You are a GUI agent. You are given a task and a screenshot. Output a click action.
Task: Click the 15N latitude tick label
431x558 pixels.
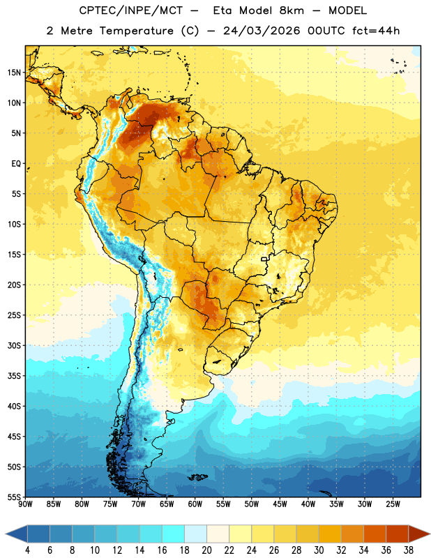pos(14,73)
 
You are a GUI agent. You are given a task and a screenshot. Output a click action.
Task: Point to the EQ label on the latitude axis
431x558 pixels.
pos(16,164)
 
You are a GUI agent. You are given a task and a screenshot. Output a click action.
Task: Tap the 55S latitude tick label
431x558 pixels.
pos(14,497)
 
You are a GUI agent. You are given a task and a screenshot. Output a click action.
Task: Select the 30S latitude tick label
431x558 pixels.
pos(14,345)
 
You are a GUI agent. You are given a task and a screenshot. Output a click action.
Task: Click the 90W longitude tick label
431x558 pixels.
pos(25,504)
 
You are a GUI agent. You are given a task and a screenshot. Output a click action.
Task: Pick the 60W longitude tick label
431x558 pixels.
pos(195,504)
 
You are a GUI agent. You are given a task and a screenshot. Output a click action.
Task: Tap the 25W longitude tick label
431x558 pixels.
pos(393,504)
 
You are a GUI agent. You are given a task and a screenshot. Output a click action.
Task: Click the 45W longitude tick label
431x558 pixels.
pos(280,504)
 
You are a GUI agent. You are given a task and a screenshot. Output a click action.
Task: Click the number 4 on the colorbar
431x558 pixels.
pos(27,550)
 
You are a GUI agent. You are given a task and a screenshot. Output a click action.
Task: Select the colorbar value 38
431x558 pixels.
pos(409,550)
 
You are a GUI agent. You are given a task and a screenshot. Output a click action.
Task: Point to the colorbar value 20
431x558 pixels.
pos(206,550)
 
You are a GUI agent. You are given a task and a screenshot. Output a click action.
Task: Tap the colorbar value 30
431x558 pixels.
pos(319,550)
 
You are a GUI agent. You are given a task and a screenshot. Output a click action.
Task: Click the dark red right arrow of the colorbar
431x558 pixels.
pos(419,534)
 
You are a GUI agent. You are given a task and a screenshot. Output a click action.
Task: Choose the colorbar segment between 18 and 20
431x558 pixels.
pos(195,534)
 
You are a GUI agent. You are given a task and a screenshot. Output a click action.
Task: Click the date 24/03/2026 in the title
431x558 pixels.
pos(262,31)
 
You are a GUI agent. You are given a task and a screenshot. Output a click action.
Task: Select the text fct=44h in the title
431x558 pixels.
pos(376,31)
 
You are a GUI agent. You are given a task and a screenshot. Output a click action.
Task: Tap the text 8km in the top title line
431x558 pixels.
pos(292,10)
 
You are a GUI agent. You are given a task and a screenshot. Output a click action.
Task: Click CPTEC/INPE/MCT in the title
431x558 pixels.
pos(131,11)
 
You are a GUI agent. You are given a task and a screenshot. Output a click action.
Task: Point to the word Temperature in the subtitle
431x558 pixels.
pos(136,31)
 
